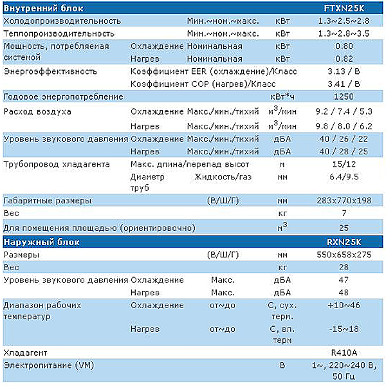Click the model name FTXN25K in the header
point(344,8)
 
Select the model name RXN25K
point(344,242)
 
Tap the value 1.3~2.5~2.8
point(344,21)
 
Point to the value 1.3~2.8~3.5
point(344,33)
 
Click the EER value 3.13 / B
point(344,71)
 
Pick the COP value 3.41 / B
point(344,84)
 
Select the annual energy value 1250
point(344,96)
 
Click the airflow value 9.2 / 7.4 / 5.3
point(344,111)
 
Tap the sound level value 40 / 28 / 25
point(344,151)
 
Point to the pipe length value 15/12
point(344,164)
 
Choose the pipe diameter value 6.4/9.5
point(344,177)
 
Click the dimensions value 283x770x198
point(344,201)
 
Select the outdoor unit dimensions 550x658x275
point(344,255)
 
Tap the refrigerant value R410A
point(344,353)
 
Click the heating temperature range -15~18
point(344,329)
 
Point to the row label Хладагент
point(25,353)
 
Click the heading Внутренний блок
point(43,8)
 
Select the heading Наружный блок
point(41,243)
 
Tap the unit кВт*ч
point(282,96)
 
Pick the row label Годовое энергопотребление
point(63,96)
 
